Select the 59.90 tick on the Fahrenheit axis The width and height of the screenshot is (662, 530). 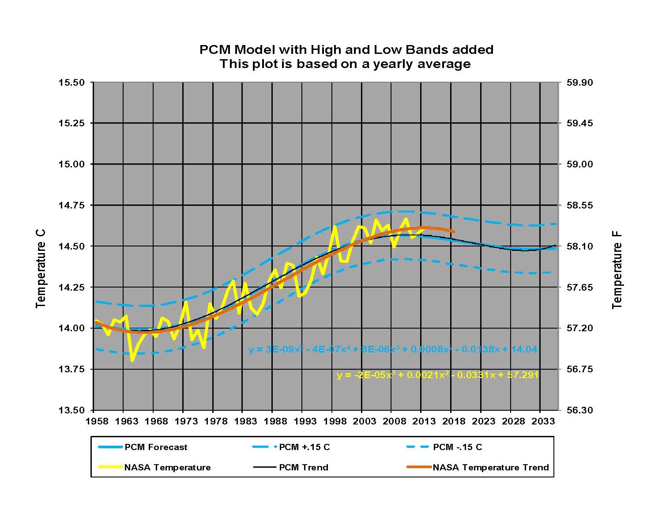(x=580, y=83)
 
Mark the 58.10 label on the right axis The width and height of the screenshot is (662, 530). (x=580, y=246)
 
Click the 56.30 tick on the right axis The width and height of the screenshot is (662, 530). (x=580, y=410)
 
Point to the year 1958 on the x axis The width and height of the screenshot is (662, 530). (x=97, y=421)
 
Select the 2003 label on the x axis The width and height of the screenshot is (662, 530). (x=365, y=421)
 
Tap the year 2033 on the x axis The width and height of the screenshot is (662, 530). (x=543, y=421)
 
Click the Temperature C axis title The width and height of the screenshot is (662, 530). (x=41, y=269)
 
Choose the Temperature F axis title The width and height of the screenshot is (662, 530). (x=617, y=269)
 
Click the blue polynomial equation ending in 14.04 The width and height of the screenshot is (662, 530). (x=393, y=349)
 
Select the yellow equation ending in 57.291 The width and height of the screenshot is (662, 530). (x=437, y=375)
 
